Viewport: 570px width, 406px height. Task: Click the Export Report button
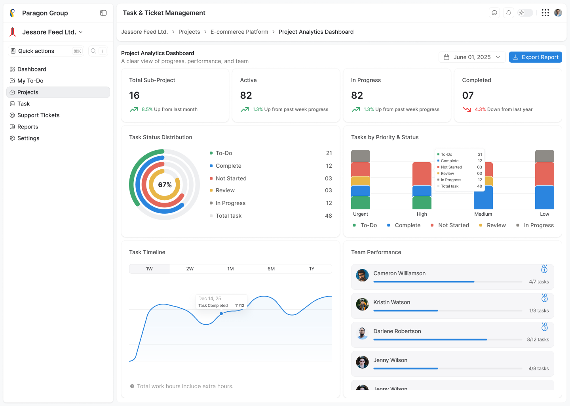[x=535, y=57]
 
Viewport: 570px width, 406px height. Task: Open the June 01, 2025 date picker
[x=472, y=57]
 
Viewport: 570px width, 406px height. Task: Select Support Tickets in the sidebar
[x=38, y=115]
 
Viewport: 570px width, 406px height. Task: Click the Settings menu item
[x=28, y=138]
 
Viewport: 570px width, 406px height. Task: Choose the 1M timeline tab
[x=230, y=269]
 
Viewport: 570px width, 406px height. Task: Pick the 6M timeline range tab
[x=271, y=269]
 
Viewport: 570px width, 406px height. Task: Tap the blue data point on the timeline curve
[x=221, y=314]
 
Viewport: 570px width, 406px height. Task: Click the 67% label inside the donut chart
[x=165, y=185]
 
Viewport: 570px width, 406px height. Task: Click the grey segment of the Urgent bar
[x=360, y=156]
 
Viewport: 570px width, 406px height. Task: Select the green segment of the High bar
[x=422, y=203]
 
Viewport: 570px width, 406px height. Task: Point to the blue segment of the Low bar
[x=544, y=197]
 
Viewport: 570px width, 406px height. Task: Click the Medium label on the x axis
[x=483, y=214]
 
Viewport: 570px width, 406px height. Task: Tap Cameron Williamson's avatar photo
[x=362, y=275]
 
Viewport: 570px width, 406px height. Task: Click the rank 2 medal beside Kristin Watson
[x=544, y=298]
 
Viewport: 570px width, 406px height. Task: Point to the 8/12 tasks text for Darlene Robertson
[x=538, y=340]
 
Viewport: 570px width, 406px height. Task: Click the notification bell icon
[x=509, y=13]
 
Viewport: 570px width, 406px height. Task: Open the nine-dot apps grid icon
[x=545, y=13]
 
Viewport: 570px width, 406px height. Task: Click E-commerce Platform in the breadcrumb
[x=239, y=32]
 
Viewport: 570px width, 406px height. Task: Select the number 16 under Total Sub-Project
[x=134, y=96]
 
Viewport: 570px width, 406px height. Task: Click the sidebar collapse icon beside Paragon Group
[x=103, y=13]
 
